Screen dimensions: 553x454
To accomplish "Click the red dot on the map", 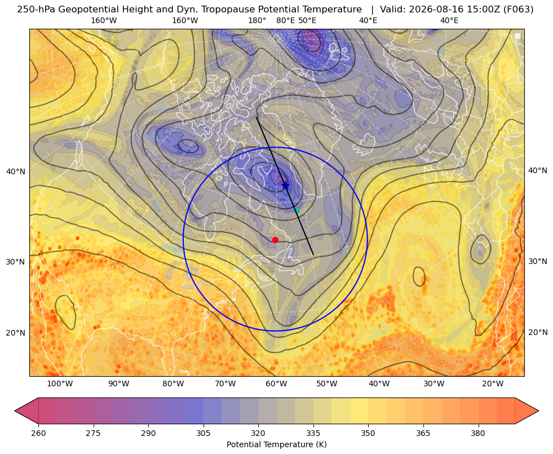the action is pos(276,240).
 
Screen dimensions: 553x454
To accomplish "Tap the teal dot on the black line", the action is pos(297,210).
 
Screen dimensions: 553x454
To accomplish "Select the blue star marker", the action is pos(285,185).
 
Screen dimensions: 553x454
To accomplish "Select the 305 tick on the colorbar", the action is pos(203,434).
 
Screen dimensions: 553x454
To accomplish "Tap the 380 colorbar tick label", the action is pos(478,434).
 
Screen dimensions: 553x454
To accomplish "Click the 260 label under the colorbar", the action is pos(38,434).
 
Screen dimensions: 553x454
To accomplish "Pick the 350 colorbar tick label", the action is pos(368,434).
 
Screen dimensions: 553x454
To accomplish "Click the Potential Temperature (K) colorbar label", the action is pos(276,444).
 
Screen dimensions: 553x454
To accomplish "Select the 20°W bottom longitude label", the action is pos(493,384).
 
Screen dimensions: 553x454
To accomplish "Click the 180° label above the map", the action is pos(257,21).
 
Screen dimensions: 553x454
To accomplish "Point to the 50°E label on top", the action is pos(307,21).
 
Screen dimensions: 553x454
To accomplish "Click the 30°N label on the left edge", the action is pos(16,262).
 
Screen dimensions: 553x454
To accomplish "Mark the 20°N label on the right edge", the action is pos(538,332).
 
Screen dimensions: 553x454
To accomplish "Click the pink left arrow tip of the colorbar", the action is pos(15,411).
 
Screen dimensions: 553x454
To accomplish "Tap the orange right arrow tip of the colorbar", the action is pos(538,411).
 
